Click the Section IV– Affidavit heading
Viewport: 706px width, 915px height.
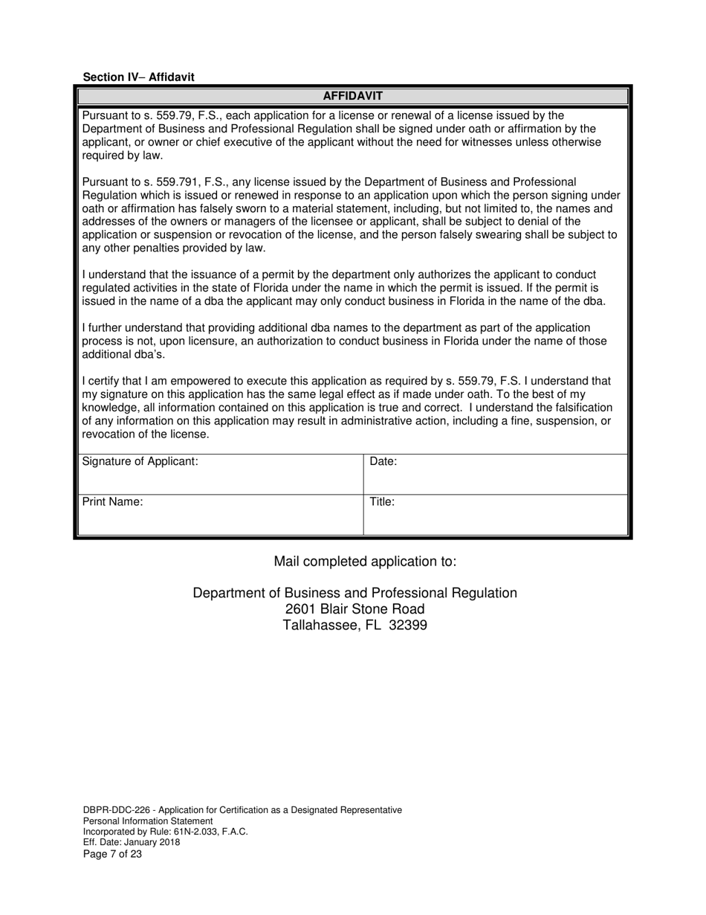click(x=138, y=77)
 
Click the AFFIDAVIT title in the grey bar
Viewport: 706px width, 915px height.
click(x=352, y=96)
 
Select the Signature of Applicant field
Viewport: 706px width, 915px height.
click(x=220, y=475)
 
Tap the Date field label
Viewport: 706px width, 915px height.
click(x=383, y=461)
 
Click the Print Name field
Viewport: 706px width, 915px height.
click(x=220, y=515)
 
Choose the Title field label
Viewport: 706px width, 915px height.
click(x=382, y=501)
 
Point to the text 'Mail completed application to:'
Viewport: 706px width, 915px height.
click(x=365, y=561)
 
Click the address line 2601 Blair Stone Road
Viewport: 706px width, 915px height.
click(x=354, y=609)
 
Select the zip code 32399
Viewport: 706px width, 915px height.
click(x=407, y=625)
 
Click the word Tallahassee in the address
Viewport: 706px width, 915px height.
click(x=318, y=625)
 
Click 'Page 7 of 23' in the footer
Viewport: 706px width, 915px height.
click(x=112, y=854)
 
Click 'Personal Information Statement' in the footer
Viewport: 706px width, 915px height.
click(x=147, y=821)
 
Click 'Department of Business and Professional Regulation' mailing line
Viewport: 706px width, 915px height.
click(x=354, y=593)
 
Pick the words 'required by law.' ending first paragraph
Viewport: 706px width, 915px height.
click(x=121, y=155)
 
